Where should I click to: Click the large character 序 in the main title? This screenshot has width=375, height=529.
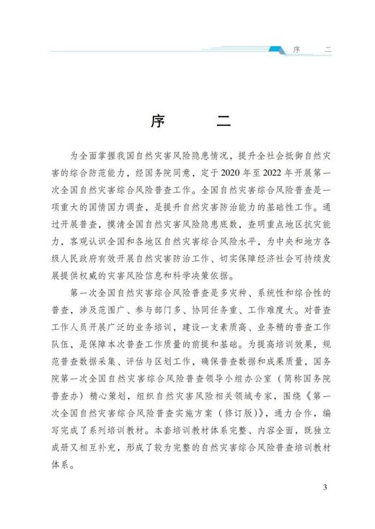pos(158,120)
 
